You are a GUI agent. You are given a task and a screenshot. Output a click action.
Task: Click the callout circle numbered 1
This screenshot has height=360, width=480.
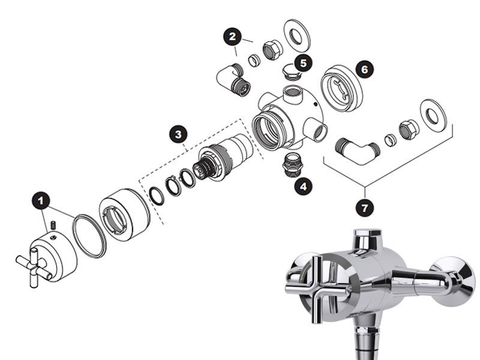41,200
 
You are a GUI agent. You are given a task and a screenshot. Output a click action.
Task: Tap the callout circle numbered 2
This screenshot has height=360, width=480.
233,37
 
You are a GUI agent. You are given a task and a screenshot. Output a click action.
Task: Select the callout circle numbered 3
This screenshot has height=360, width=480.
178,134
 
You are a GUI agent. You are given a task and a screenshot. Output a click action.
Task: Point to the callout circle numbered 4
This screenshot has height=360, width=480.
304,186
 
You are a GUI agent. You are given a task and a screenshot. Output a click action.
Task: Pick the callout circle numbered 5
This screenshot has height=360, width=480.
303,63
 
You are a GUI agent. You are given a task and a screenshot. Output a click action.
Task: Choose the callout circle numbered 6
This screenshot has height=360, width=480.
365,70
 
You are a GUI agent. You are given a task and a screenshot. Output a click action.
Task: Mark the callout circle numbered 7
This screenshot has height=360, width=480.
365,208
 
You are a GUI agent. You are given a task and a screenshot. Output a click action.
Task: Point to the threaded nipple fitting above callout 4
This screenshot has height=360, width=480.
293,164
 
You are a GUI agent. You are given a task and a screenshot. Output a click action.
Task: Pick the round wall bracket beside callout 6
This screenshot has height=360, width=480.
341,88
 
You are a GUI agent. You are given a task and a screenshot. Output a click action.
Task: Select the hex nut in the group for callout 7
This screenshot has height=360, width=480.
409,130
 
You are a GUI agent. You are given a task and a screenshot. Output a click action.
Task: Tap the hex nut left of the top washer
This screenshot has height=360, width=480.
272,50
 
